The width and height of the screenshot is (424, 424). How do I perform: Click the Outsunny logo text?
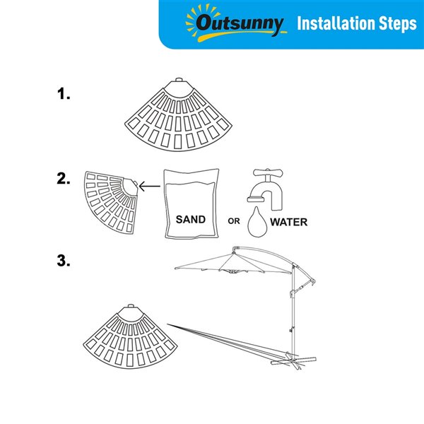(x=240, y=23)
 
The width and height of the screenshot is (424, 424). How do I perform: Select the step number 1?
(x=64, y=94)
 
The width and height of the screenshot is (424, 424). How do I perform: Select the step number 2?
(x=64, y=179)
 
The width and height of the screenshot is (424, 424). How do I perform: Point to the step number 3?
(x=64, y=261)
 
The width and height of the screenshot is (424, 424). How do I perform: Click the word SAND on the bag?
(x=191, y=219)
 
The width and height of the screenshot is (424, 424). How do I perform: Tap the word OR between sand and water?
(x=234, y=221)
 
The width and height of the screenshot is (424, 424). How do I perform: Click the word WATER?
(x=289, y=222)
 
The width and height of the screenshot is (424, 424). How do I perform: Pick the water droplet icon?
(x=257, y=223)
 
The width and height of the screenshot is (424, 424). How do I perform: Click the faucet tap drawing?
(x=266, y=189)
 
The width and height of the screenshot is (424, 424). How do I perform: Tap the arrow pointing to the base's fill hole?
(x=150, y=186)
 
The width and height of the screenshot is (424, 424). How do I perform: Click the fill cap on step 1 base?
(x=179, y=80)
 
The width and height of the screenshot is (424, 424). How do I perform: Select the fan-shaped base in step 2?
(x=111, y=202)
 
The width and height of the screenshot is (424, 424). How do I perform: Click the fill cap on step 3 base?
(x=131, y=306)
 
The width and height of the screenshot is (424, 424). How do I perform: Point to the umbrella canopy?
(x=233, y=263)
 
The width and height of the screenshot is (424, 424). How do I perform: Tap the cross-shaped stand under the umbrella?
(x=293, y=360)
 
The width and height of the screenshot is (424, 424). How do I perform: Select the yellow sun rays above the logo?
(x=202, y=16)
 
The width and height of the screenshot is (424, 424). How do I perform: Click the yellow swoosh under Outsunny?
(x=241, y=35)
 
